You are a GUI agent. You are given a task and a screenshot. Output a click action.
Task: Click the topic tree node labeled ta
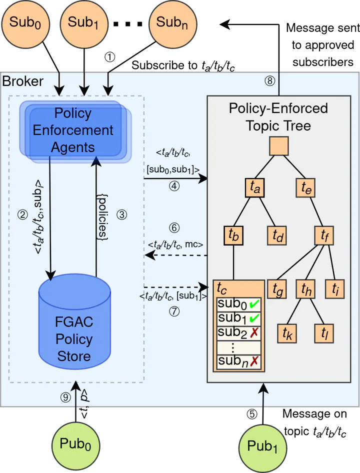click(255, 187)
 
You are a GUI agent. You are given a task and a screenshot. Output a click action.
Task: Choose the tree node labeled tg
click(277, 288)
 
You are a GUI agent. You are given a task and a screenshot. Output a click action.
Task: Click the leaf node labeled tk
click(287, 332)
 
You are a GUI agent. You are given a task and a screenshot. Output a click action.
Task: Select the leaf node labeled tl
click(323, 332)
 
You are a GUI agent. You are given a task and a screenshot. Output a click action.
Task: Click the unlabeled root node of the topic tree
click(278, 146)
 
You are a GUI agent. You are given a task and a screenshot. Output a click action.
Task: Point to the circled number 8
click(270, 81)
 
